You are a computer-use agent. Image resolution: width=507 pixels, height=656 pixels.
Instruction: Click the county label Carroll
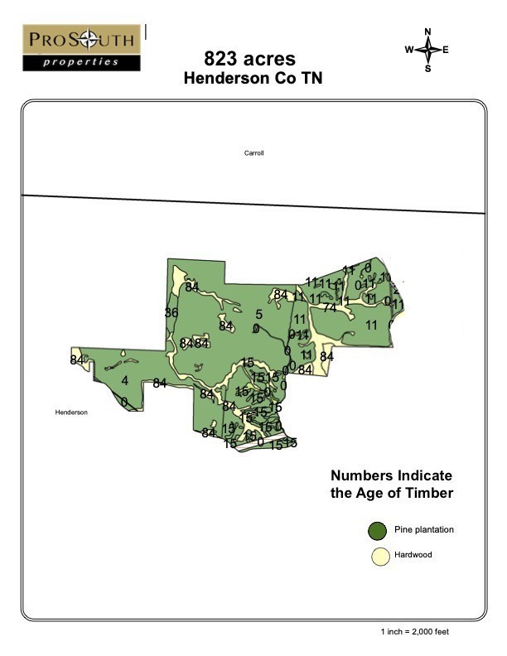pos(254,153)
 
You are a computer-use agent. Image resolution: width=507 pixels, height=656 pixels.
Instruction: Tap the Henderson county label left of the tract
pos(71,412)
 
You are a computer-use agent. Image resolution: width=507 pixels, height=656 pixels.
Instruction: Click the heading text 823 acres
pos(249,59)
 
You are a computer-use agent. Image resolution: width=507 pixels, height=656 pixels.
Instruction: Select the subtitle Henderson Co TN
pos(253,79)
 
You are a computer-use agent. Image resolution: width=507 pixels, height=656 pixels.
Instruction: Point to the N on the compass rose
pos(428,32)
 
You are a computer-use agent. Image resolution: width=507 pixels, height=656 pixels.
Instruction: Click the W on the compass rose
pos(409,50)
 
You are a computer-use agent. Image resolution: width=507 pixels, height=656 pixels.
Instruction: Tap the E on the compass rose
pos(446,50)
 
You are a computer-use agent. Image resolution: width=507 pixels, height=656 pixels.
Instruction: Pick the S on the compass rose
pos(428,69)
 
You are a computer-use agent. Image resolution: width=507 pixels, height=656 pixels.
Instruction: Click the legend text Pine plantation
pos(424,529)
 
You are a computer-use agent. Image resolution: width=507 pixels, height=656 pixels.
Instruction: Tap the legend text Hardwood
pos(413,555)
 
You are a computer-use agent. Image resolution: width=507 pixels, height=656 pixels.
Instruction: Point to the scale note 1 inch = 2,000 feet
pos(415,632)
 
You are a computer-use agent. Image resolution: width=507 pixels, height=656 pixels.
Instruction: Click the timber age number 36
pos(171,312)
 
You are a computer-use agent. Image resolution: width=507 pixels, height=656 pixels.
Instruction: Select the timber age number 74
pos(330,307)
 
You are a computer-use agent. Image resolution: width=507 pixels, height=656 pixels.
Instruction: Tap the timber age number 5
pos(258,315)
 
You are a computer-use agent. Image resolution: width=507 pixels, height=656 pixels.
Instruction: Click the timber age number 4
pos(125,381)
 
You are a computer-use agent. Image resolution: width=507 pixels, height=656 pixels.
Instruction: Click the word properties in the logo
pos(82,62)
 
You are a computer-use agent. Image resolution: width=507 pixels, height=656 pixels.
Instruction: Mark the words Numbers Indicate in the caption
pos(391,476)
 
